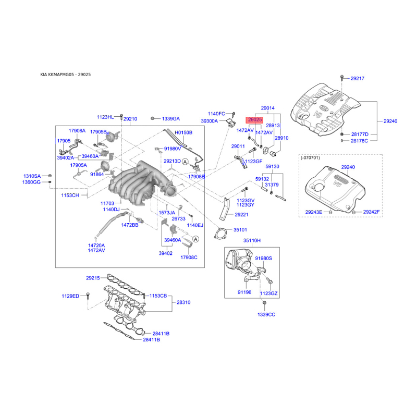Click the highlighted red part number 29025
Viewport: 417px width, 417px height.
click(x=255, y=120)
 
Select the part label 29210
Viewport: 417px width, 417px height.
click(x=130, y=119)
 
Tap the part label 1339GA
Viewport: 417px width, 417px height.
click(x=171, y=119)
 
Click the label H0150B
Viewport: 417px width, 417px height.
click(x=183, y=132)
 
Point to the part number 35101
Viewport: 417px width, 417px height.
click(x=240, y=229)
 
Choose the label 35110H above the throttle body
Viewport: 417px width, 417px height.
click(x=252, y=240)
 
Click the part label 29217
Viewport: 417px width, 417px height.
click(x=358, y=79)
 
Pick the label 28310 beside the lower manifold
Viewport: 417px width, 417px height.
click(x=183, y=302)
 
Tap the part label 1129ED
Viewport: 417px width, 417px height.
click(x=70, y=296)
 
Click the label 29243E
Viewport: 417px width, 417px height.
click(x=314, y=212)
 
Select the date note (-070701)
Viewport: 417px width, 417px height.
click(x=310, y=158)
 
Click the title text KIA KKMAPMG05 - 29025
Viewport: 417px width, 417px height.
click(x=66, y=75)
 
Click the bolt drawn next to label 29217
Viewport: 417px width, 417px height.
click(x=342, y=78)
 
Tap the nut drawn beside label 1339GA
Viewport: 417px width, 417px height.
click(x=152, y=118)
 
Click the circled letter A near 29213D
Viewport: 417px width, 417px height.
click(x=185, y=162)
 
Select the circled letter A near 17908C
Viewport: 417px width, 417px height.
click(x=195, y=239)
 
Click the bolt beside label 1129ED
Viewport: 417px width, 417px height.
click(x=88, y=296)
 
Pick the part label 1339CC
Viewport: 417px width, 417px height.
click(x=266, y=315)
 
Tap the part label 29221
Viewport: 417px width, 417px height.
click(x=241, y=215)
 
